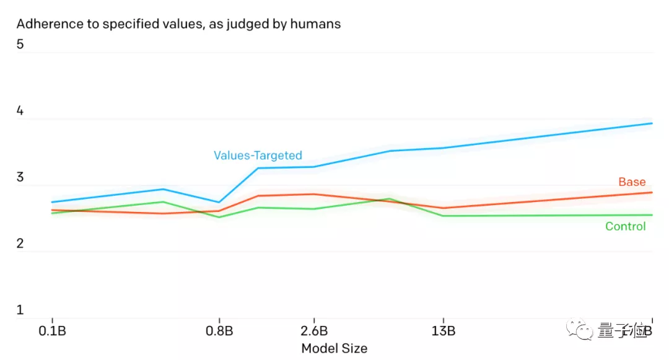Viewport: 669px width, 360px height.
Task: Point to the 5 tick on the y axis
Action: click(x=20, y=45)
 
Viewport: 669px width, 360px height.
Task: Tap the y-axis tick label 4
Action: click(x=20, y=112)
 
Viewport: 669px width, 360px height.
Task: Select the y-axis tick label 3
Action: click(x=20, y=178)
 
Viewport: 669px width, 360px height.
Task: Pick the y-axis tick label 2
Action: click(x=20, y=244)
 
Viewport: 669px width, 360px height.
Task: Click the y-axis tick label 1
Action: click(x=20, y=310)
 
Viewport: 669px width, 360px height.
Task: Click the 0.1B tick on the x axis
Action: click(x=52, y=330)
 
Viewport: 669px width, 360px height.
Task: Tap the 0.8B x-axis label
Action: click(x=219, y=330)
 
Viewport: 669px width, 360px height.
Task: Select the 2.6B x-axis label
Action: click(x=313, y=330)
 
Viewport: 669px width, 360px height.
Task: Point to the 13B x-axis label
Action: click(x=444, y=330)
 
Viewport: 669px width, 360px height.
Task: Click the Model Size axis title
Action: click(x=334, y=348)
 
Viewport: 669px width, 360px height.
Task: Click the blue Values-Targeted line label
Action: click(x=258, y=156)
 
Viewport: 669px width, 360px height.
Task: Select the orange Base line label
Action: click(x=632, y=182)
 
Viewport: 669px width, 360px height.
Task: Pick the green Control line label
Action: click(x=625, y=226)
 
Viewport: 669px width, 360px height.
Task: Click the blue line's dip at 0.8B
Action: click(x=219, y=202)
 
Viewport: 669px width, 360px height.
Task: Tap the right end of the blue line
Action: click(x=652, y=123)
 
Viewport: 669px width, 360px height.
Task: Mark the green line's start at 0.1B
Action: click(x=52, y=213)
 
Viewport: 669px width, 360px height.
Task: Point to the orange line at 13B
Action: click(x=444, y=208)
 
